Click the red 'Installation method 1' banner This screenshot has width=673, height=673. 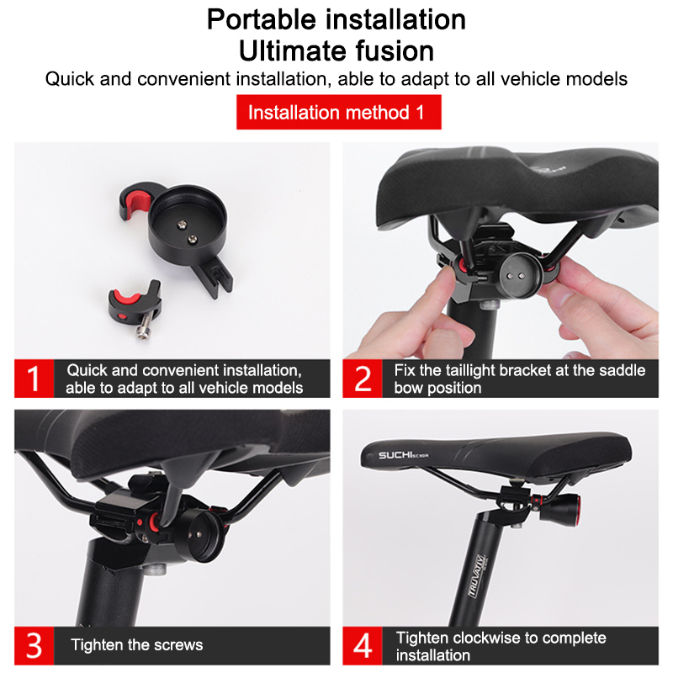point(339,112)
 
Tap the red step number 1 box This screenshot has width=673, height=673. point(34,379)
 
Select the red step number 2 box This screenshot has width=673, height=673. point(363,379)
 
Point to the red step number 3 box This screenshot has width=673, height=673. point(34,645)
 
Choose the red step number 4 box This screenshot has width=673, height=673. point(363,645)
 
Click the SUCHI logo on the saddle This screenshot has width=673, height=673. point(403,455)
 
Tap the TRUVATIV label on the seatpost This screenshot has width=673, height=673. point(477,576)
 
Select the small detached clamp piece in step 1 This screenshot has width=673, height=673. point(135,305)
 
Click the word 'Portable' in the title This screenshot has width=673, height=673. point(262,19)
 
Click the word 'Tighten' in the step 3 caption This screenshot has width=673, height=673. point(98,644)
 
